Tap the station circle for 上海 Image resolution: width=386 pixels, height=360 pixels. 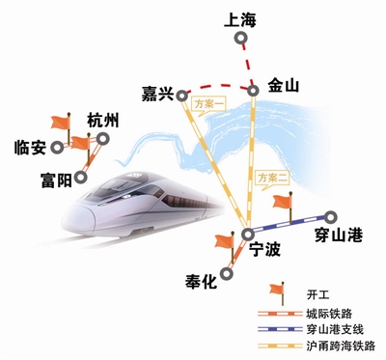(x=243, y=42)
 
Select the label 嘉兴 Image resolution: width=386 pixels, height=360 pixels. (x=153, y=94)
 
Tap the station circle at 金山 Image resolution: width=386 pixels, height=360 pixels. (x=255, y=92)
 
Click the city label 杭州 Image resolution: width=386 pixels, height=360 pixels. (x=102, y=121)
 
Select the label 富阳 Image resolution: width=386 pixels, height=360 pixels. (x=55, y=180)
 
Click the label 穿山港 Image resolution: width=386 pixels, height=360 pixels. (x=338, y=236)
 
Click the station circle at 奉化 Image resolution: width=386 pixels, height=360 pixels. (x=228, y=273)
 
